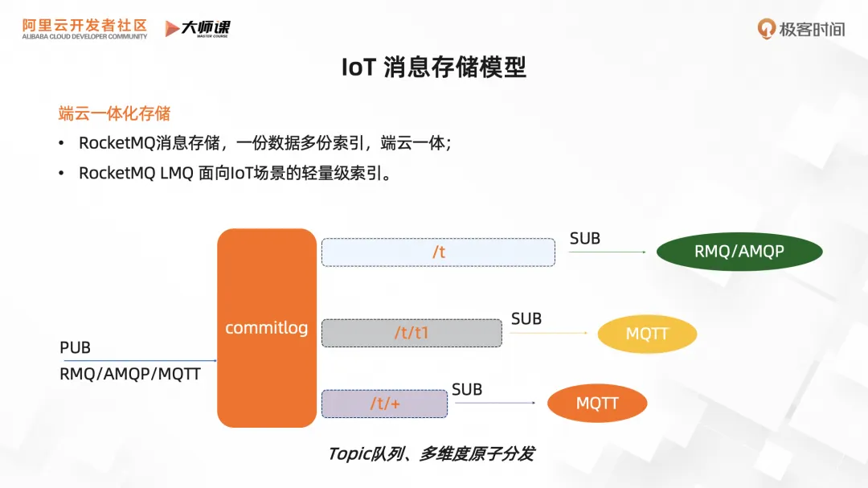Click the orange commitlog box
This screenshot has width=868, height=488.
(x=266, y=327)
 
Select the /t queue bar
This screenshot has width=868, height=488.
(x=438, y=252)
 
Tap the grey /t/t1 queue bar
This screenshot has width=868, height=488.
(x=411, y=333)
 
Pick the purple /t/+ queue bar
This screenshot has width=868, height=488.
(x=384, y=404)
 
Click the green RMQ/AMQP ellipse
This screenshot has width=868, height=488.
(x=739, y=252)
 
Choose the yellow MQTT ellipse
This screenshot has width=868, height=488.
(x=647, y=333)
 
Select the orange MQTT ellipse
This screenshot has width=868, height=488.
(x=597, y=404)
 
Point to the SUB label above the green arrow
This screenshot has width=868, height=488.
(x=585, y=238)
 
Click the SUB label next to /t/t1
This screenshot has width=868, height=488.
(x=526, y=319)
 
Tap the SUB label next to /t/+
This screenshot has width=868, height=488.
(x=467, y=390)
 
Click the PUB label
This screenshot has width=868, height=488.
(x=75, y=347)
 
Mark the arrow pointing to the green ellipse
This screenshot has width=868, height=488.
(x=607, y=252)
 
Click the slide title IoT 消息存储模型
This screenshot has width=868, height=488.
(x=433, y=68)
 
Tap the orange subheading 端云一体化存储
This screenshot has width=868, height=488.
(x=114, y=113)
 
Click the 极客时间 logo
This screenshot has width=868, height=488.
(x=800, y=30)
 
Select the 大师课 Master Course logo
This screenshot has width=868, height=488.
(x=198, y=29)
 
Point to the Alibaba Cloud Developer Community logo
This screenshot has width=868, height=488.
(x=84, y=29)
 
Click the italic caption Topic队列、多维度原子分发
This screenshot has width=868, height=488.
(x=431, y=453)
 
